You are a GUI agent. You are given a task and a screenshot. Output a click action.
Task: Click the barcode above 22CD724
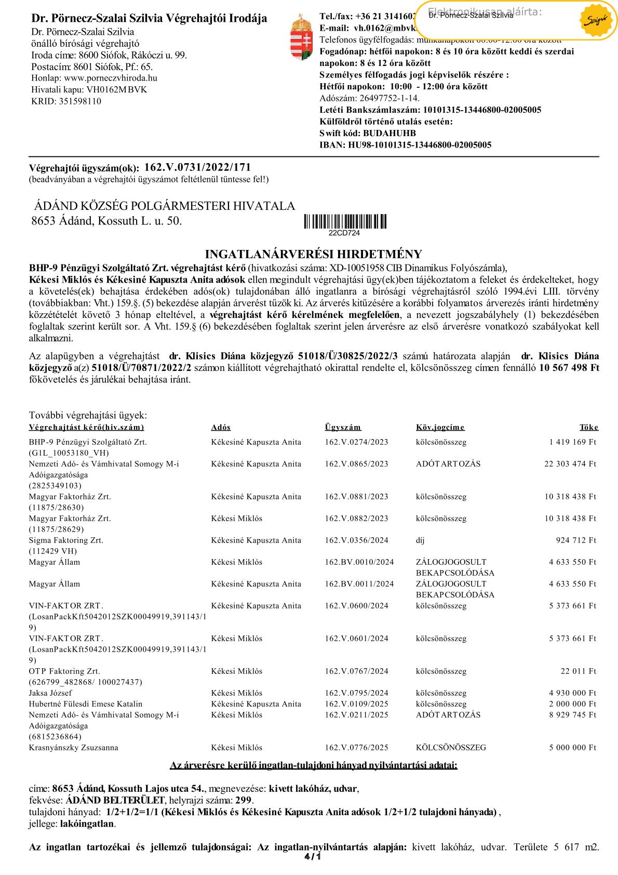coord(345,222)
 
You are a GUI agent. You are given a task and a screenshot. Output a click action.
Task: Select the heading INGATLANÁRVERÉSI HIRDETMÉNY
coord(314,255)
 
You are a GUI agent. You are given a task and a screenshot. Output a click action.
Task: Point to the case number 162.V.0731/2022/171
coord(197,167)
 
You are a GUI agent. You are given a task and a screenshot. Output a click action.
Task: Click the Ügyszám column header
coord(343,427)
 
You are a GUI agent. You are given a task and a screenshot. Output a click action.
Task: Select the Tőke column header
coord(589,427)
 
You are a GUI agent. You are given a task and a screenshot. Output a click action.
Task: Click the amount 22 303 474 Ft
coord(570,463)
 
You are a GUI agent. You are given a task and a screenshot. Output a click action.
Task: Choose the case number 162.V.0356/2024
coord(356,540)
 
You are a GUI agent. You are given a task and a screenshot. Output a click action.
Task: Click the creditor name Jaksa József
coord(50,693)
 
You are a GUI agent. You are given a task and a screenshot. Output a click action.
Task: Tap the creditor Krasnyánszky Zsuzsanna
coord(74,747)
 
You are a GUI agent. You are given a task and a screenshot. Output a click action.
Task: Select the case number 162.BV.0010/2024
coord(359,562)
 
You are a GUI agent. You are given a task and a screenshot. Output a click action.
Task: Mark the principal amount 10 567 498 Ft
coord(569,368)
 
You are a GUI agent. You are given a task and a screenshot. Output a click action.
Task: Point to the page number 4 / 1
coord(313,857)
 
